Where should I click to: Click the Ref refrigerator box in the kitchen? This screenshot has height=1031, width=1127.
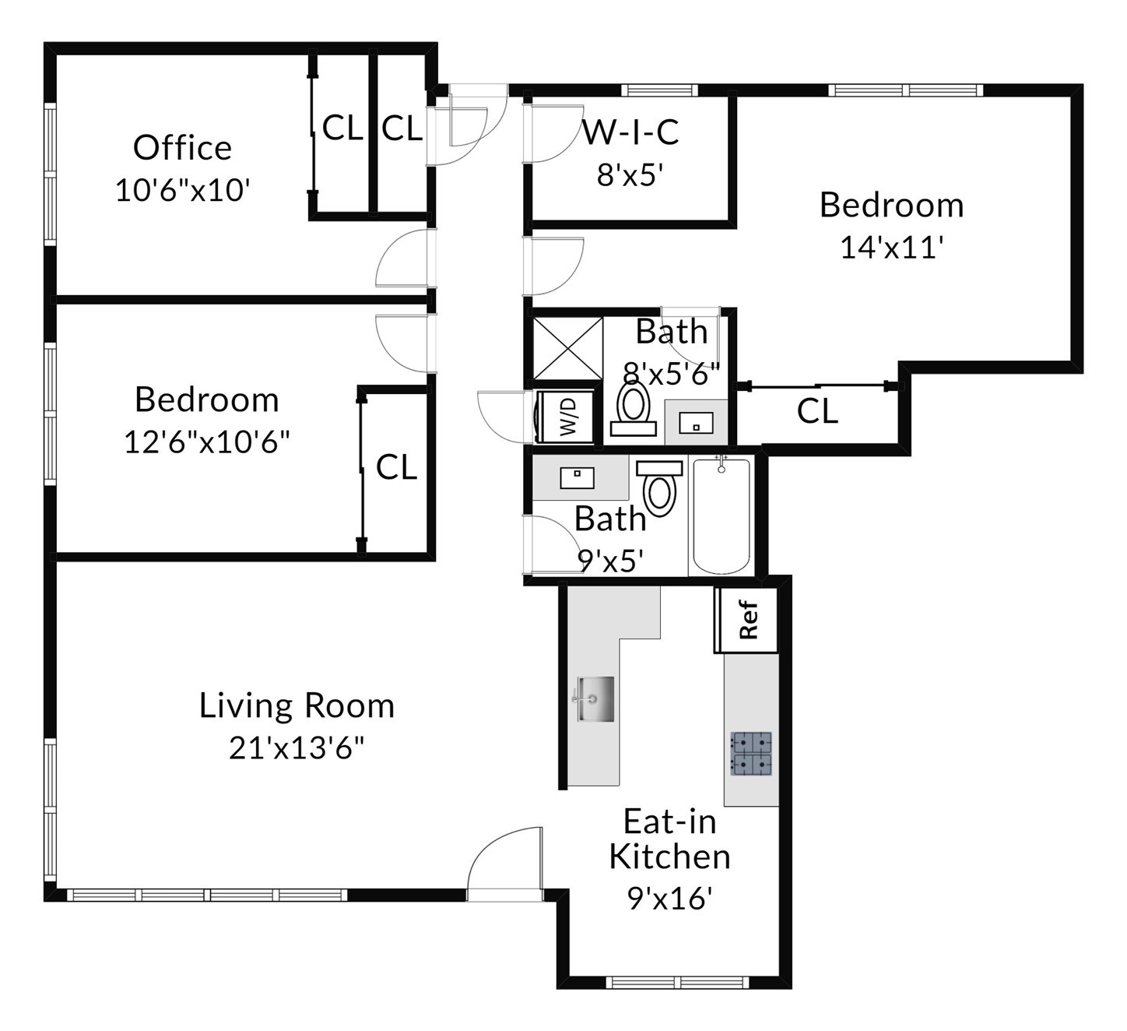point(746,620)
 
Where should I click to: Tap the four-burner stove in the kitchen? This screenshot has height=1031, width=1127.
point(751,753)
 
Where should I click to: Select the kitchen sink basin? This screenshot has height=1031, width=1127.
point(595,698)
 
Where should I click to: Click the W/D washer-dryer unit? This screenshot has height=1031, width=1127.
point(566,417)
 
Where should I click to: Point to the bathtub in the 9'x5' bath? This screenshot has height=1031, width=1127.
point(721,515)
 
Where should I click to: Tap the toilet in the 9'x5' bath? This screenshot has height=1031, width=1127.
point(659,488)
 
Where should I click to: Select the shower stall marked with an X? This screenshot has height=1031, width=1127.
point(567,349)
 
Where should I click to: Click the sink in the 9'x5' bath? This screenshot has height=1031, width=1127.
point(577,478)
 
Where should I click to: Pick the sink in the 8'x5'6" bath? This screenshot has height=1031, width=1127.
point(696,423)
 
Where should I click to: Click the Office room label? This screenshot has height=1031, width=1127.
point(183,148)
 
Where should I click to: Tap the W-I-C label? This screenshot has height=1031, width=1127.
point(630,132)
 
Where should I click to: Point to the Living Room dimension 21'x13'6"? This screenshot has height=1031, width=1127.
point(297,748)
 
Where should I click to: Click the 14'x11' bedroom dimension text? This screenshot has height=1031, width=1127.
point(891,247)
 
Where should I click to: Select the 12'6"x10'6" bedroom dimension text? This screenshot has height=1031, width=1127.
point(207,442)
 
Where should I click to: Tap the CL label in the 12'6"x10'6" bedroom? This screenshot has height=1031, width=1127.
point(397,466)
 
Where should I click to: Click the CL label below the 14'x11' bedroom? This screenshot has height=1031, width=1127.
point(817,411)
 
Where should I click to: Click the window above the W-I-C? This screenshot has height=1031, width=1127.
point(659,90)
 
